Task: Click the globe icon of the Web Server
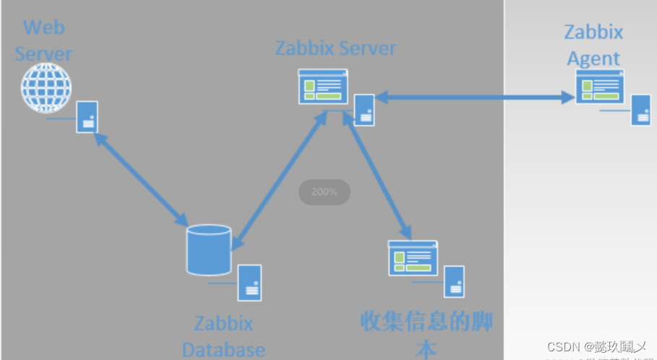46,88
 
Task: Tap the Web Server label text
43,40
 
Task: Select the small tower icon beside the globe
87,116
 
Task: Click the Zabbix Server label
335,48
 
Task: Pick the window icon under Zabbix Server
323,87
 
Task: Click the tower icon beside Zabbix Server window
364,110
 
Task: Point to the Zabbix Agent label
593,45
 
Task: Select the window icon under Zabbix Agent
599,87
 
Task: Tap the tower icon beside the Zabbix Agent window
640,110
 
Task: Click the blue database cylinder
209,250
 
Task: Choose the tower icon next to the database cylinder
250,283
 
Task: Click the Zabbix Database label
223,336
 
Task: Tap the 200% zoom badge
325,192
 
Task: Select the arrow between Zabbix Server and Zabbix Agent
474,96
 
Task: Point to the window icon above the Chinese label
413,258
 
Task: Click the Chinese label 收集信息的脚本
426,333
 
